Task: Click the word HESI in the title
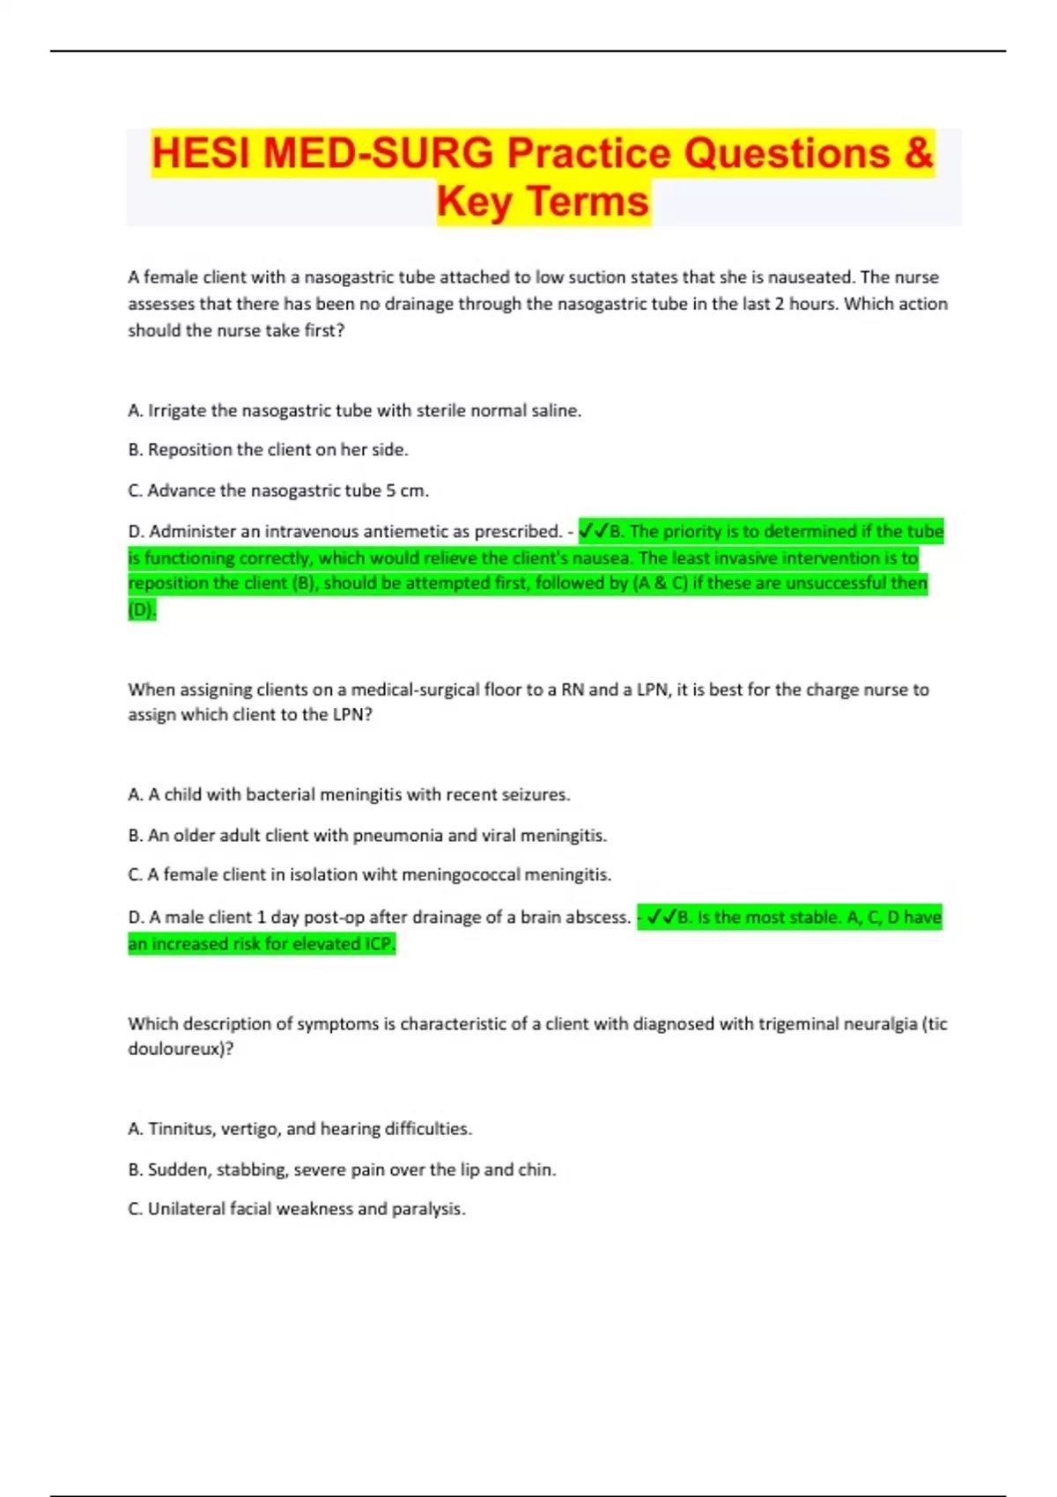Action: (203, 154)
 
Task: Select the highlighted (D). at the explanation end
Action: (142, 609)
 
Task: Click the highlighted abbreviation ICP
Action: (376, 944)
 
